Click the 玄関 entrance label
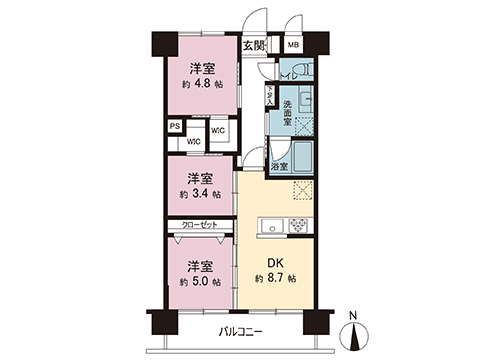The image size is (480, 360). coord(254,45)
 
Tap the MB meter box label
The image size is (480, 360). coord(294,45)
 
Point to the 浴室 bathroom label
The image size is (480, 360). coord(282,166)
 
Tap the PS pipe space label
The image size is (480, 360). coord(175,126)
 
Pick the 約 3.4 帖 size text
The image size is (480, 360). coord(201,195)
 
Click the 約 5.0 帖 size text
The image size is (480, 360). coord(201,283)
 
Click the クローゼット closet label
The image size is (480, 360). coord(201,226)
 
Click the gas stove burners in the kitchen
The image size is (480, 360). coord(298,223)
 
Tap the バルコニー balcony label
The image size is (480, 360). coord(240,332)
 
